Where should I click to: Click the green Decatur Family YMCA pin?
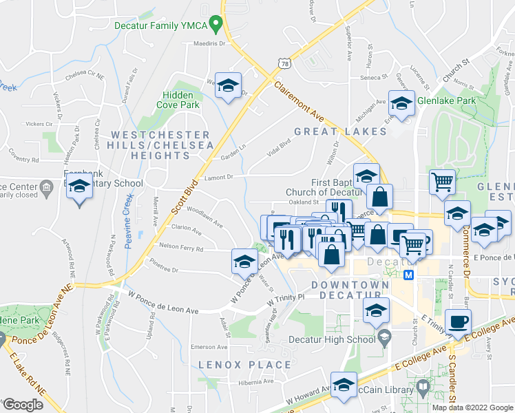pos(216,25)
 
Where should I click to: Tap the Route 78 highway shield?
pos(284,63)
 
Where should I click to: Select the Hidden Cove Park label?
pos(181,100)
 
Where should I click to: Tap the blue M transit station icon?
pos(408,275)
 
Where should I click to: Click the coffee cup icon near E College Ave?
pos(459,321)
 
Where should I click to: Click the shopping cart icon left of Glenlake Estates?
pos(442,182)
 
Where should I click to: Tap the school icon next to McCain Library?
pos(344,385)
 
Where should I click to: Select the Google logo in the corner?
pos(23,405)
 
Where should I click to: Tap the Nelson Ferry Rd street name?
pos(181,247)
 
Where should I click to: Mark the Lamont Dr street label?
pos(222,177)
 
